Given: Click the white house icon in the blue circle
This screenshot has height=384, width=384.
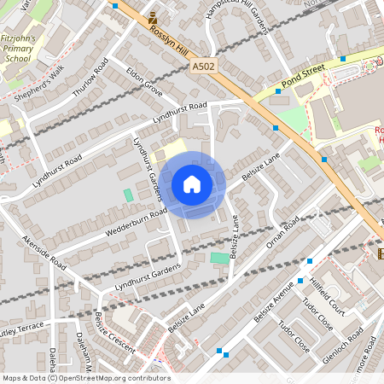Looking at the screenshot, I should (191, 184).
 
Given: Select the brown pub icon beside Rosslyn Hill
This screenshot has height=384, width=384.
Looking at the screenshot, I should (153, 16).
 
